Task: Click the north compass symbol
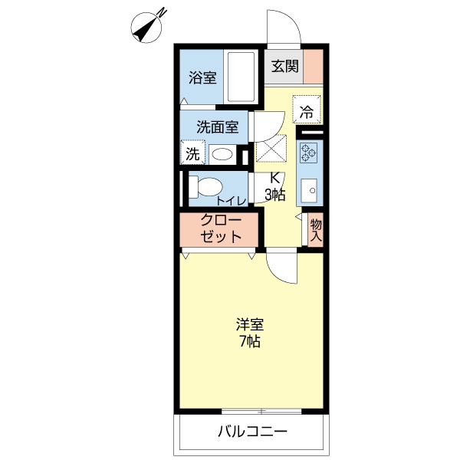146,28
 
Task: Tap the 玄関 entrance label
284,66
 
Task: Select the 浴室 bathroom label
202,77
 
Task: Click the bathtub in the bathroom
241,77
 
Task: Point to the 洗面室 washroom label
218,127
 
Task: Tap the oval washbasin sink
222,154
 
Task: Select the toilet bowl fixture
205,187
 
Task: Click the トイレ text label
232,201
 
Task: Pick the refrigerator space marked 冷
307,110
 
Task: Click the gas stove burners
308,153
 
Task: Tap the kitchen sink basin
309,190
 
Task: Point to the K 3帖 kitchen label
275,186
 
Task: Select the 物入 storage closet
316,230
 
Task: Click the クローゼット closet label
221,228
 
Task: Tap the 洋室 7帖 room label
250,333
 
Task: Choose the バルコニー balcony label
252,432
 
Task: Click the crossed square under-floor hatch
271,148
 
